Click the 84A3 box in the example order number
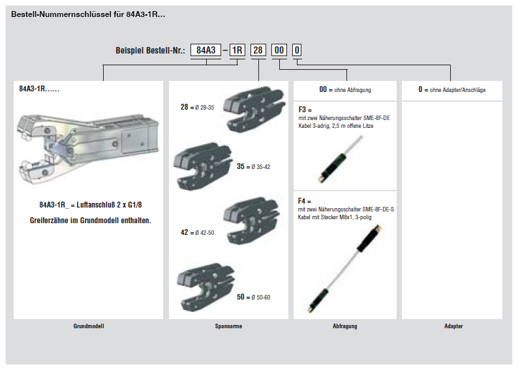pyautogui.click(x=206, y=50)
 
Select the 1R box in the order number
pyautogui.click(x=237, y=50)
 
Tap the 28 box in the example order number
pyautogui.click(x=258, y=50)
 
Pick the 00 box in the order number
pyautogui.click(x=279, y=50)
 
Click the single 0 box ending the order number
pyautogui.click(x=297, y=50)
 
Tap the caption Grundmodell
pyautogui.click(x=88, y=326)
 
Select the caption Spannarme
pyautogui.click(x=228, y=326)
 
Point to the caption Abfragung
pyautogui.click(x=344, y=326)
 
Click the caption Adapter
pyautogui.click(x=453, y=326)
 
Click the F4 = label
pyautogui.click(x=305, y=201)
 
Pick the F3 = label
pyautogui.click(x=305, y=110)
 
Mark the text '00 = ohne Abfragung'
pyautogui.click(x=344, y=89)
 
